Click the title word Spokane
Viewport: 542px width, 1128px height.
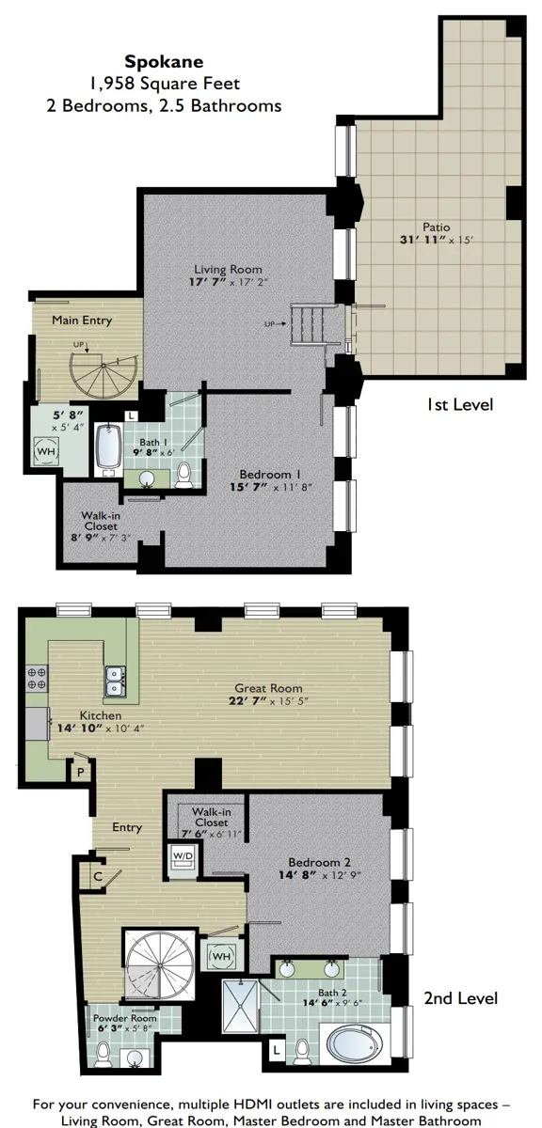click(164, 62)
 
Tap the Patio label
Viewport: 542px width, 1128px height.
click(436, 227)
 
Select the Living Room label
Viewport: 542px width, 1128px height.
click(228, 270)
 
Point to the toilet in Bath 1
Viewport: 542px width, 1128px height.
click(183, 475)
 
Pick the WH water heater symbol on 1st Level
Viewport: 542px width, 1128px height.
click(46, 451)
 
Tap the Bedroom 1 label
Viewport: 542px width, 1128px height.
click(270, 475)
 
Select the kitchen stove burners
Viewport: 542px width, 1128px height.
click(37, 679)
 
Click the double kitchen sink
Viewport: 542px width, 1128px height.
click(116, 681)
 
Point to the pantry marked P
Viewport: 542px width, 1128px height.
click(80, 772)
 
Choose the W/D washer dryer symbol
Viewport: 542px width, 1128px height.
click(183, 855)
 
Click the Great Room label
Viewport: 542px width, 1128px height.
click(268, 688)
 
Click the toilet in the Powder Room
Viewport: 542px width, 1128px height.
click(104, 1054)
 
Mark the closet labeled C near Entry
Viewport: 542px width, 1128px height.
click(98, 877)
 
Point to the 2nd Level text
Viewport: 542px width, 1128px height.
click(461, 998)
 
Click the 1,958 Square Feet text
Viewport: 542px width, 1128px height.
click(165, 83)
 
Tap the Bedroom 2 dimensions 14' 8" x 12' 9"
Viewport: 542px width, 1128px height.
click(320, 875)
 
